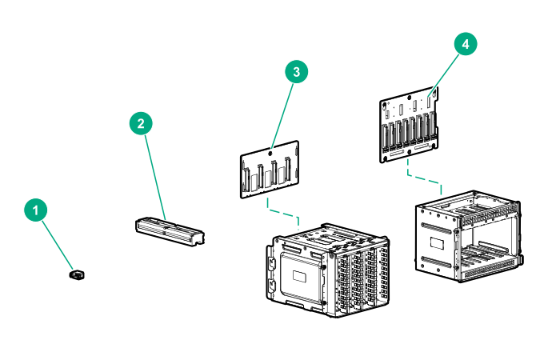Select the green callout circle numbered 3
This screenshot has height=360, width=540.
pos(297,72)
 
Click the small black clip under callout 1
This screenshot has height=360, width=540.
pos(78,275)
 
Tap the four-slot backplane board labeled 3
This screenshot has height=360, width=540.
pos(270,169)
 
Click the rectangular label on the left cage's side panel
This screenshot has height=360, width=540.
pos(302,277)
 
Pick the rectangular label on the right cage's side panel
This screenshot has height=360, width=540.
pos(437,242)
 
